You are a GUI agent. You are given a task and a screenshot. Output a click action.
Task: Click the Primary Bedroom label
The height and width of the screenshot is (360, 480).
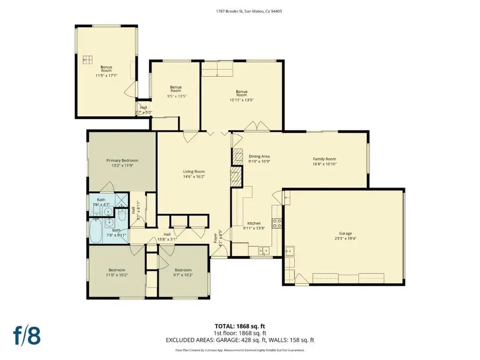coord(122,161)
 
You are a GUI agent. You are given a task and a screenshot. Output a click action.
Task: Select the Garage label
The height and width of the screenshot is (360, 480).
coord(346,234)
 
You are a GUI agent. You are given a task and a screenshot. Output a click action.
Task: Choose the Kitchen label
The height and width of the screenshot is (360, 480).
coord(253,223)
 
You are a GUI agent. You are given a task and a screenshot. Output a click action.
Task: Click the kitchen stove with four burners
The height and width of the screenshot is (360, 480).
coord(277,223)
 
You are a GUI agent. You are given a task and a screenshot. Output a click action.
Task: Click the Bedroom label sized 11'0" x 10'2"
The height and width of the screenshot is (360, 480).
coord(117,270)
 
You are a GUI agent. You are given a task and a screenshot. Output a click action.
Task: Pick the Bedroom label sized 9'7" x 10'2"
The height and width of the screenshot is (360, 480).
coord(182,270)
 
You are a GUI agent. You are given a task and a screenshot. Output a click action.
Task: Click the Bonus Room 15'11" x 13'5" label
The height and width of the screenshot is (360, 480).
coord(242,93)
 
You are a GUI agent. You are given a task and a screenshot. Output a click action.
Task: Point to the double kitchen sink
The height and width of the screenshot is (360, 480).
coord(263,249)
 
